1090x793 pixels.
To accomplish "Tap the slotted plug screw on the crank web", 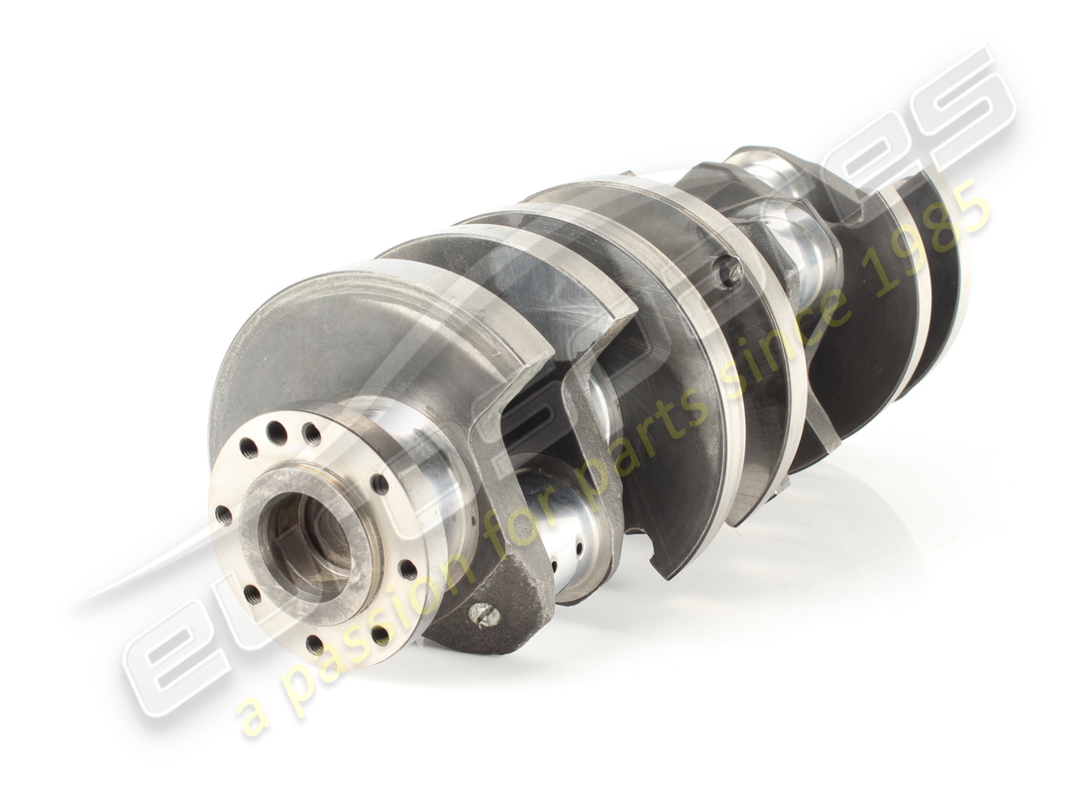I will [x=484, y=615].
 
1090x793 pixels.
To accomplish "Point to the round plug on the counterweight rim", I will [x=730, y=271].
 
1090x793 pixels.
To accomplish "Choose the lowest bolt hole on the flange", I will [x=315, y=644].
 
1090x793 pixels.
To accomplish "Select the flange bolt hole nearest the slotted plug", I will [x=407, y=569].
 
